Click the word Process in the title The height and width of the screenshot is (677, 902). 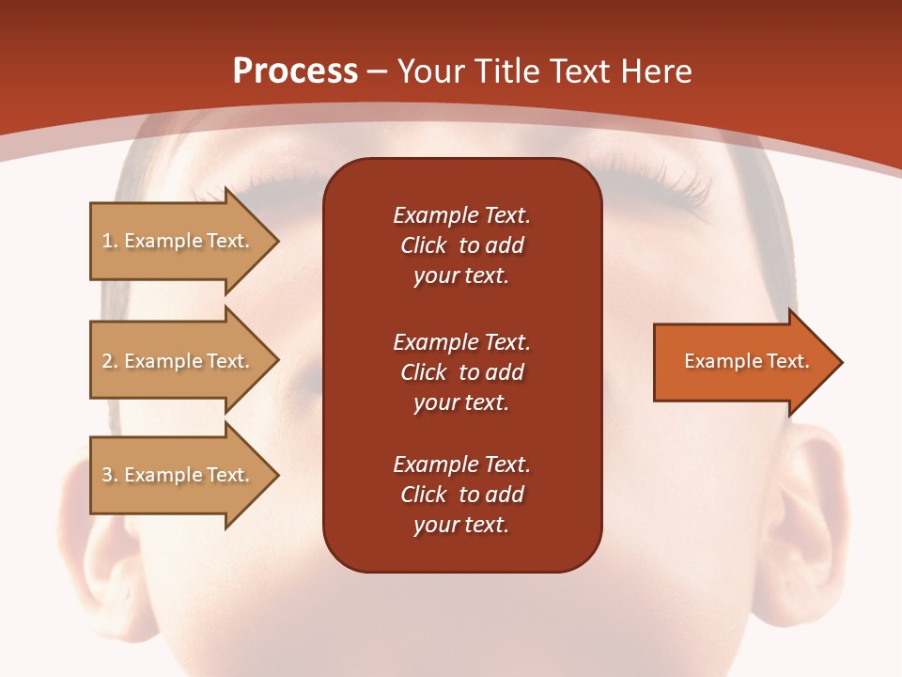(295, 71)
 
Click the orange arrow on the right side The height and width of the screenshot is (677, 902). (742, 362)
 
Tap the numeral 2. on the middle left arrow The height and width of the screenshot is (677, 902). (110, 361)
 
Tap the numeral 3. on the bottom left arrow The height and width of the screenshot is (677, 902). (110, 475)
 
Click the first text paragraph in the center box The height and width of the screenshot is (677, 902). (461, 245)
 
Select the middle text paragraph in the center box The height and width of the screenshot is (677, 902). (461, 372)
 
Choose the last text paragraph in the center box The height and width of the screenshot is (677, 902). (461, 495)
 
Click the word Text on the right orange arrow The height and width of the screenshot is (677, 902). (788, 361)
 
